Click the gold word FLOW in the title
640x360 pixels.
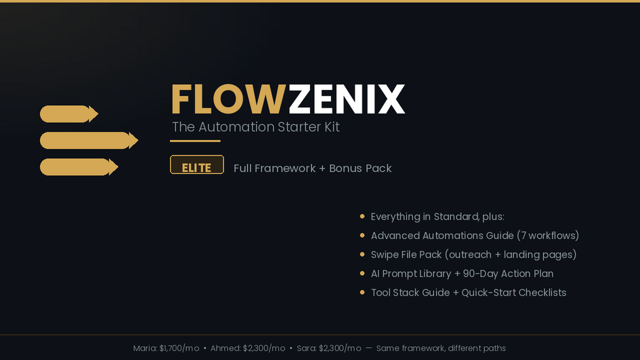click(228, 99)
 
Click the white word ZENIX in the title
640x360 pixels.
click(346, 99)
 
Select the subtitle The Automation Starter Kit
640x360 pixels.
click(255, 127)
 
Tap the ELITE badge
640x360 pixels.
click(197, 165)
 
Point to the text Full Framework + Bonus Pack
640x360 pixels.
click(312, 168)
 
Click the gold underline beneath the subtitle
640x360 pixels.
click(196, 141)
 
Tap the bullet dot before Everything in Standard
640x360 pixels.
click(362, 217)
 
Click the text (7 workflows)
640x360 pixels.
click(548, 236)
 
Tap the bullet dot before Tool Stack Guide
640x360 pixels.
click(362, 292)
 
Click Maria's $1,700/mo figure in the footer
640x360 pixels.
click(179, 349)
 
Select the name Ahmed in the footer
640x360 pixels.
click(225, 349)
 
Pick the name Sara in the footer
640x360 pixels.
click(306, 349)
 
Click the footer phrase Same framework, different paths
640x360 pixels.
click(441, 349)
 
